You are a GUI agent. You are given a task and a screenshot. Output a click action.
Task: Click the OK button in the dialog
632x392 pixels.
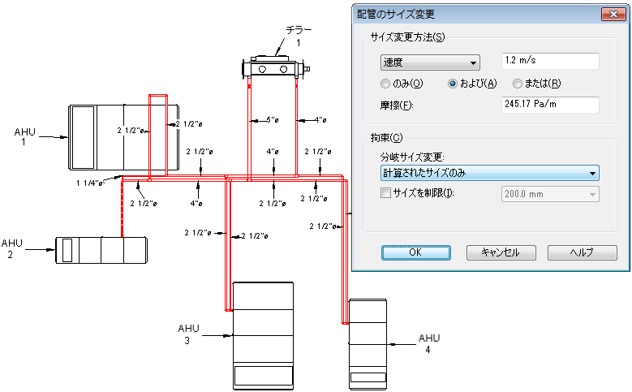415,253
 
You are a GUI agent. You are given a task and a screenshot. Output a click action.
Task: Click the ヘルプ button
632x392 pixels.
582,253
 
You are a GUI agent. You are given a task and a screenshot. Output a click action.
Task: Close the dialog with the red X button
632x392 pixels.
613,14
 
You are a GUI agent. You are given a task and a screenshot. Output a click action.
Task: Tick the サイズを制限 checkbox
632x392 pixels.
385,193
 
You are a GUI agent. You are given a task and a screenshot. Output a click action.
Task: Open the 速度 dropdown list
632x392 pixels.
430,62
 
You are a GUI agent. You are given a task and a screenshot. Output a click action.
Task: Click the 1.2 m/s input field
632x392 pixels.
550,61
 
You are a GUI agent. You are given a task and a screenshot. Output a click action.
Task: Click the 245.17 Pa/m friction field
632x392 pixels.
550,105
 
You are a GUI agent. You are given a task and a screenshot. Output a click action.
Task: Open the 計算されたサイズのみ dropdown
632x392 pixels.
490,173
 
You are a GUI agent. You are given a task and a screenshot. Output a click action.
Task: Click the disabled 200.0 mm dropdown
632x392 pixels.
550,194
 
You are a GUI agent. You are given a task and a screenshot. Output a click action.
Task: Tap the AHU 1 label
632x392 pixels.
24,136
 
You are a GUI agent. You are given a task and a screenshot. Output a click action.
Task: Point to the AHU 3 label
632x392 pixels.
188,334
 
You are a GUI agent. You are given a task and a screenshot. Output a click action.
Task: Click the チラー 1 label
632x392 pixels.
299,36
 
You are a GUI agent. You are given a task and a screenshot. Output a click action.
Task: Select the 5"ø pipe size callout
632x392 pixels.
272,120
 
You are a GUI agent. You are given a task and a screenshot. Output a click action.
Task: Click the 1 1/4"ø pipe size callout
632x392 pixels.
89,183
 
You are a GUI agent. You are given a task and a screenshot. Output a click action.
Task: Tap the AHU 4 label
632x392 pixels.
429,343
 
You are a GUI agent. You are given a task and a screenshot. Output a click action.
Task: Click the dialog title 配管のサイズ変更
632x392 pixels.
396,15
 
